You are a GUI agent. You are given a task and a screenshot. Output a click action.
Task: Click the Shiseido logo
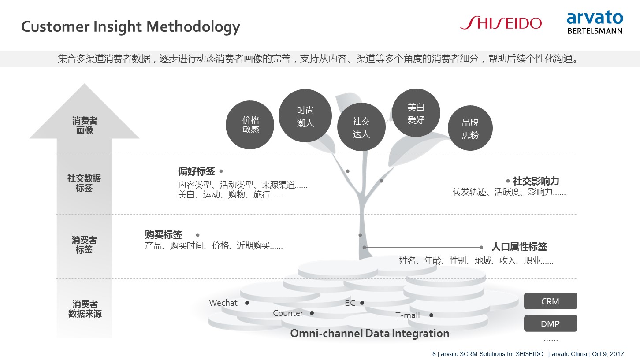click(x=501, y=23)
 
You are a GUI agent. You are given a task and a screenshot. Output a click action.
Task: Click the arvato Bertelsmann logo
click(x=595, y=22)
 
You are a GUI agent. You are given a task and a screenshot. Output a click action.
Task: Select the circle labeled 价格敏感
click(x=250, y=125)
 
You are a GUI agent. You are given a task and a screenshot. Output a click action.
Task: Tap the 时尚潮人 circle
click(x=305, y=116)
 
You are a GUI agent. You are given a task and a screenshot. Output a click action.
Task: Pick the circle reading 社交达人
click(x=361, y=127)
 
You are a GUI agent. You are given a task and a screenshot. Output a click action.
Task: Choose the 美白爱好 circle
click(x=416, y=113)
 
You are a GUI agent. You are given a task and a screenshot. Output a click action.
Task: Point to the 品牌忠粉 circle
click(x=470, y=128)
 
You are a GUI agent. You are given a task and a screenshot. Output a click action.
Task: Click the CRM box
click(x=551, y=301)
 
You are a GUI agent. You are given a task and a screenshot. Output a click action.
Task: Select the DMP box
click(x=551, y=323)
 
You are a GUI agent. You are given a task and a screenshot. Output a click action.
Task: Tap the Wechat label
click(x=223, y=303)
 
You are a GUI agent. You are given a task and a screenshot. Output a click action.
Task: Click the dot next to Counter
click(x=312, y=313)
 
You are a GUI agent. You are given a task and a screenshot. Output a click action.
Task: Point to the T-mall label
click(x=407, y=315)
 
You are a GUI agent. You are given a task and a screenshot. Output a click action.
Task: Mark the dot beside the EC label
click(x=362, y=303)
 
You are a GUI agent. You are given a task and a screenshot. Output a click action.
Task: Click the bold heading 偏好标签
click(x=196, y=171)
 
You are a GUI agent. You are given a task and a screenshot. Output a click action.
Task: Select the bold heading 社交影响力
click(x=536, y=181)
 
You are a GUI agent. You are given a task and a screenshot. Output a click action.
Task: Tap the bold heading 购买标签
click(x=163, y=235)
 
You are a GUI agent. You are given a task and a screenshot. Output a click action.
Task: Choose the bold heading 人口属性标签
click(x=519, y=247)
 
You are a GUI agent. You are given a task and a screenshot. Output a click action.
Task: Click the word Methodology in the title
click(x=193, y=27)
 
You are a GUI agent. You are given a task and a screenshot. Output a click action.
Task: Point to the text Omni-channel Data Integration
click(x=370, y=334)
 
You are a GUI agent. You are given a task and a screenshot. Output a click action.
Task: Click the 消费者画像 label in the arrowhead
click(x=85, y=126)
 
